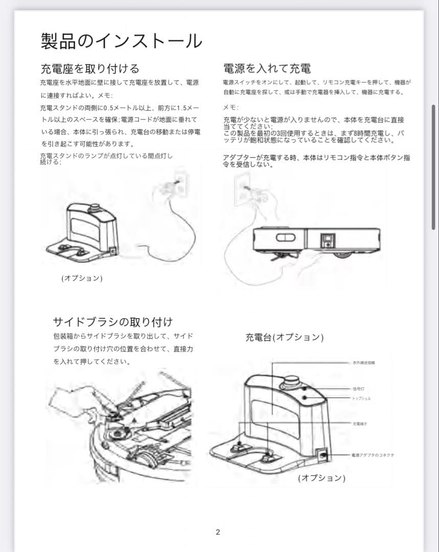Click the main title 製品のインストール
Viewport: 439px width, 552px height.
click(x=121, y=41)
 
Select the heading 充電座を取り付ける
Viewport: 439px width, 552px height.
click(x=89, y=68)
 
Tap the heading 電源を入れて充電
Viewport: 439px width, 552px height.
click(x=267, y=68)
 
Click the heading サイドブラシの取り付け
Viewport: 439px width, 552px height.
click(x=113, y=321)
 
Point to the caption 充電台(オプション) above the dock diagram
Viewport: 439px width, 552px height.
click(x=284, y=337)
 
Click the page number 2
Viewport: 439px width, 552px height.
click(x=218, y=532)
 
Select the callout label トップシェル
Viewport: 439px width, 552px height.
click(x=361, y=398)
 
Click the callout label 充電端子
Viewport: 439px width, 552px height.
click(x=359, y=424)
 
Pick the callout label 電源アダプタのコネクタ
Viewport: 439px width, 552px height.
click(x=373, y=454)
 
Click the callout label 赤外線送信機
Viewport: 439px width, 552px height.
click(x=363, y=362)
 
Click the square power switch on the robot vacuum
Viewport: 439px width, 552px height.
click(x=327, y=239)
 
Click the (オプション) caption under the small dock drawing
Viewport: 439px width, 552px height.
click(x=82, y=278)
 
